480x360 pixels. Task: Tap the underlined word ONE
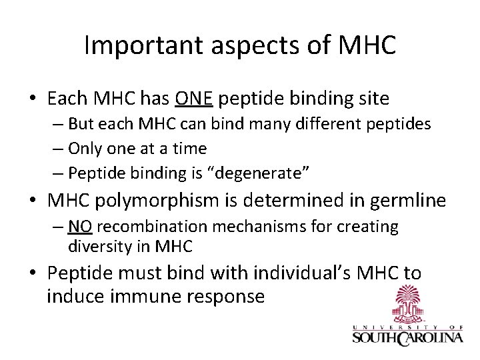coord(194,99)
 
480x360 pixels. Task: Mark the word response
coord(228,295)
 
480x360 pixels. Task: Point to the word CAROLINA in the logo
coord(431,338)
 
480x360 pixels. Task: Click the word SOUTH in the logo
coord(375,338)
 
